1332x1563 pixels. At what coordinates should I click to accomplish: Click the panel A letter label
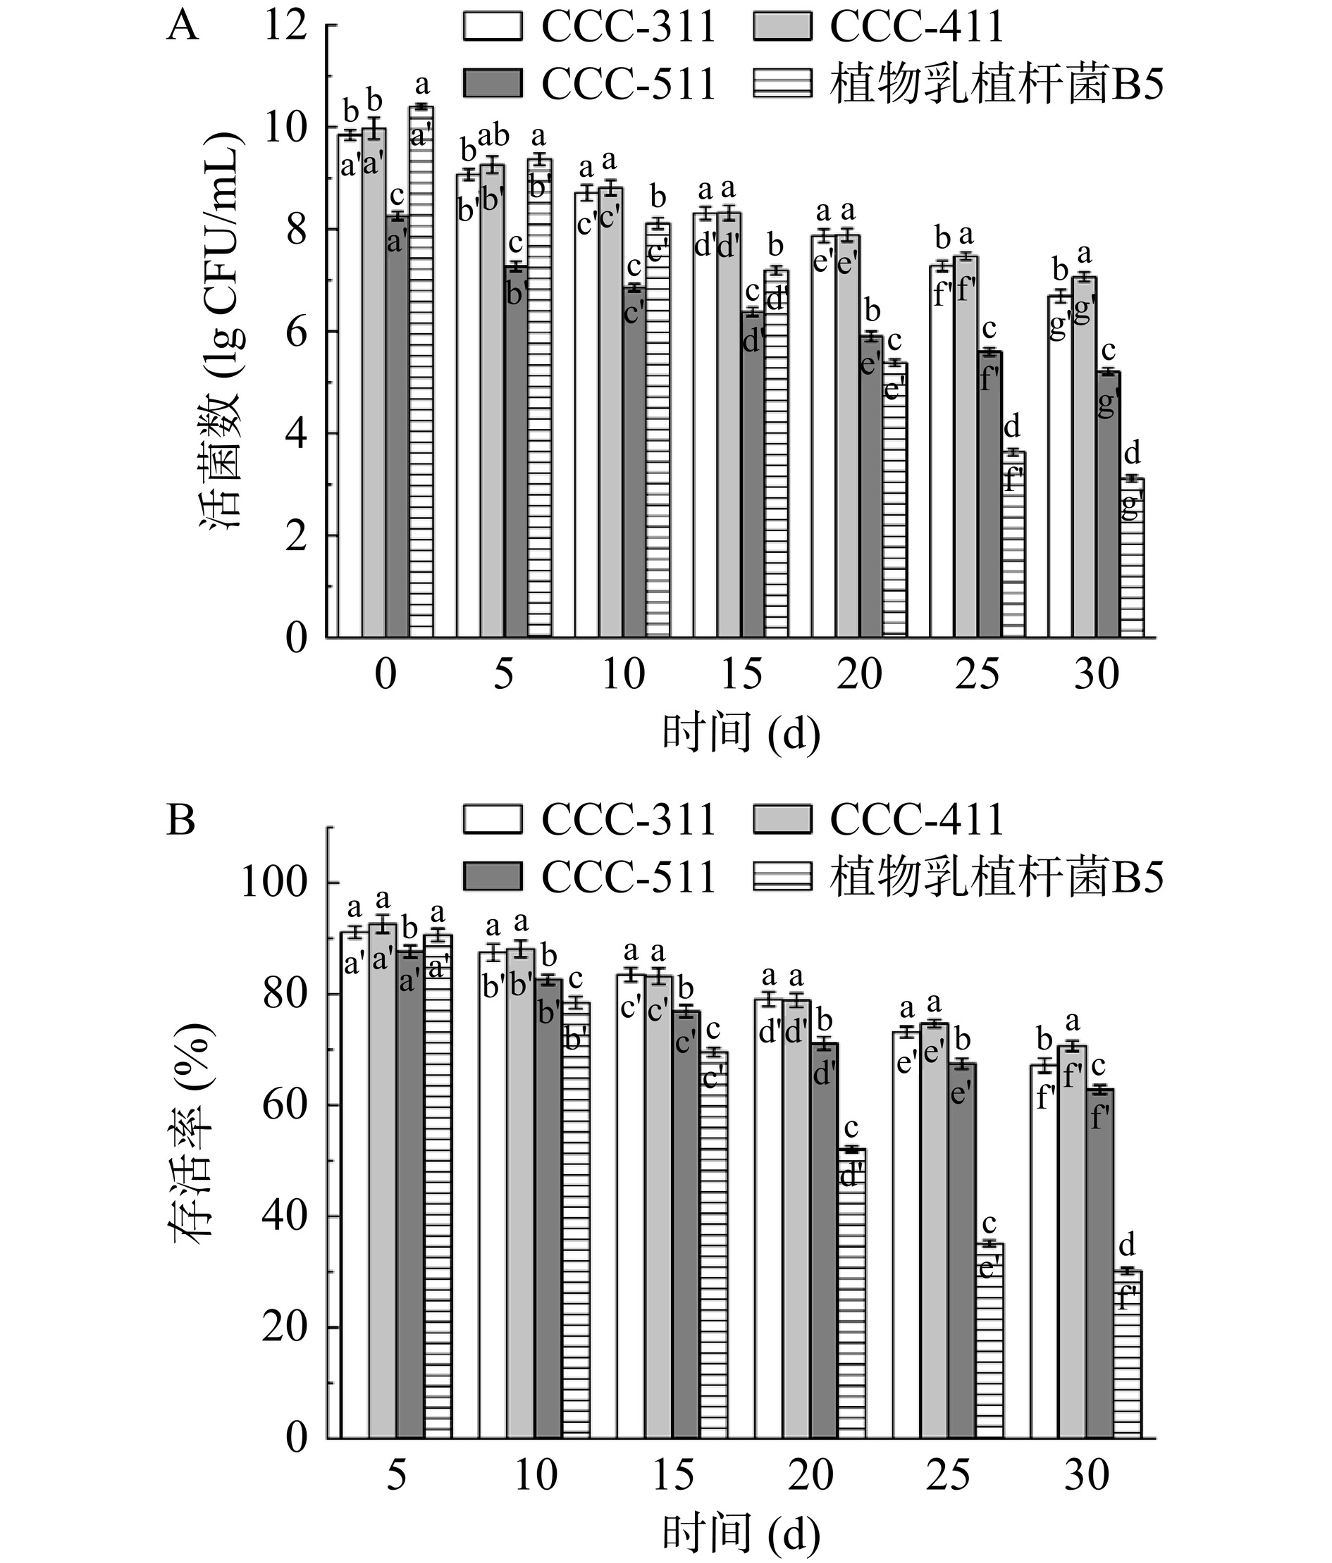pyautogui.click(x=182, y=29)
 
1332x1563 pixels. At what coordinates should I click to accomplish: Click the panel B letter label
pyautogui.click(x=180, y=821)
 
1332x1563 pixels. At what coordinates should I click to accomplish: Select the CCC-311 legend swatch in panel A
pyautogui.click(x=493, y=27)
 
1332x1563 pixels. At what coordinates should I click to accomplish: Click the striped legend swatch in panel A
pyautogui.click(x=782, y=84)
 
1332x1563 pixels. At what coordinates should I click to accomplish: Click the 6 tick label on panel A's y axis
pyautogui.click(x=296, y=332)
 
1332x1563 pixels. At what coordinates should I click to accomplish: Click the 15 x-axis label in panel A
pyautogui.click(x=741, y=673)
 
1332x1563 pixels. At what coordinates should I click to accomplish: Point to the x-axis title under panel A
pyautogui.click(x=741, y=733)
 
